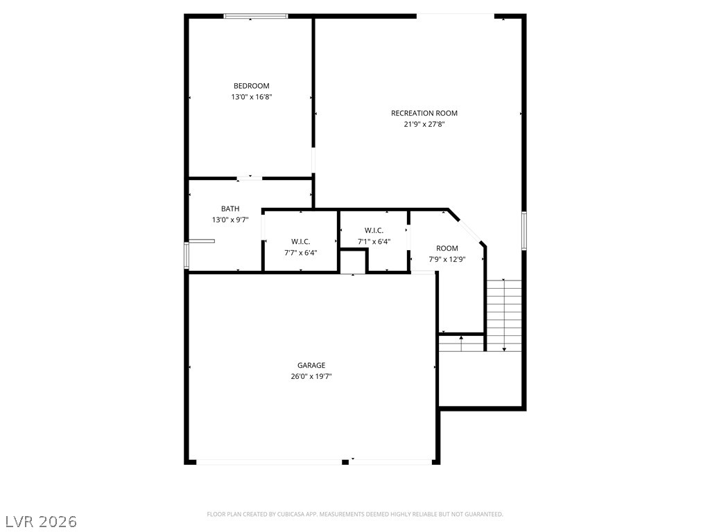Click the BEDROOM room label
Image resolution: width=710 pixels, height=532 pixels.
(251, 86)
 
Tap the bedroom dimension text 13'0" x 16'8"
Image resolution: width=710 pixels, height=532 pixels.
(251, 98)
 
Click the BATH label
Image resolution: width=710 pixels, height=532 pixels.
(230, 209)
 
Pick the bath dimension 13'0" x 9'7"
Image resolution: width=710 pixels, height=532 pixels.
(230, 220)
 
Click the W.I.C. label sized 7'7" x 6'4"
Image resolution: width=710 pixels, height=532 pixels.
(300, 241)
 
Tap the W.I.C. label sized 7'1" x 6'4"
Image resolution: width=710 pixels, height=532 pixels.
(374, 230)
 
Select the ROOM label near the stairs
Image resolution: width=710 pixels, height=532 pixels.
(447, 248)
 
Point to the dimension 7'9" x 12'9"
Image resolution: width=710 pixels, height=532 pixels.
(447, 260)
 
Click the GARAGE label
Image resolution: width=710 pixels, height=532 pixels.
(311, 365)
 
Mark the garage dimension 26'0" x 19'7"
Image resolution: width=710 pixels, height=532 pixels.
(311, 377)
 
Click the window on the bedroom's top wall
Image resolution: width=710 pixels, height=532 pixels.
(255, 16)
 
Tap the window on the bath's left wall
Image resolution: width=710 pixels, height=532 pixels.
(186, 255)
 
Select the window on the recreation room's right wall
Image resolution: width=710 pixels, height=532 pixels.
(524, 231)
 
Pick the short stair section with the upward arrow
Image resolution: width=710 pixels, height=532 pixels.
(461, 342)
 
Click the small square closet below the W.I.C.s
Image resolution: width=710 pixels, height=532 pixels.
(352, 263)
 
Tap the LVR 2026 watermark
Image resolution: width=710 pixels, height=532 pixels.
(40, 521)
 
